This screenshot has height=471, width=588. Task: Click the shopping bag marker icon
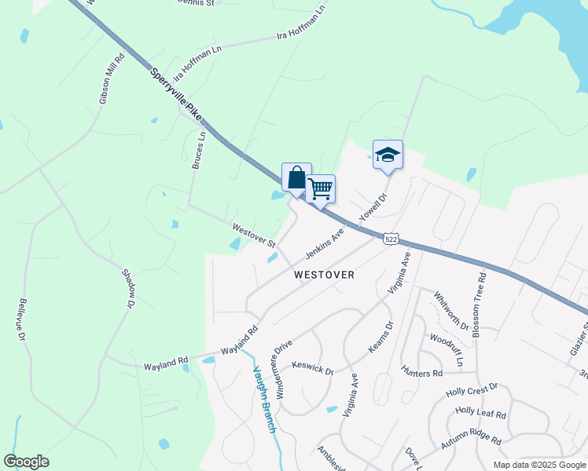pyautogui.click(x=296, y=177)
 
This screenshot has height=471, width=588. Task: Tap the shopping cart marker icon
pyautogui.click(x=320, y=188)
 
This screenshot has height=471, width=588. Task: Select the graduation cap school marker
pyautogui.click(x=388, y=154)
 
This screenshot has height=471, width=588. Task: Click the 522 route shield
pyautogui.click(x=391, y=238)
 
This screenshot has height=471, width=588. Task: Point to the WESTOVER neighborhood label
pyautogui.click(x=324, y=275)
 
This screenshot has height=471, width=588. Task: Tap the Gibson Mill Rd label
pyautogui.click(x=111, y=78)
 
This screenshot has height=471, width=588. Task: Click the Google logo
pyautogui.click(x=26, y=462)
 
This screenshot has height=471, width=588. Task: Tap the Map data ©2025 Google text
pyautogui.click(x=538, y=465)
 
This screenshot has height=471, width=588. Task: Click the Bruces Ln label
pyautogui.click(x=198, y=150)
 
